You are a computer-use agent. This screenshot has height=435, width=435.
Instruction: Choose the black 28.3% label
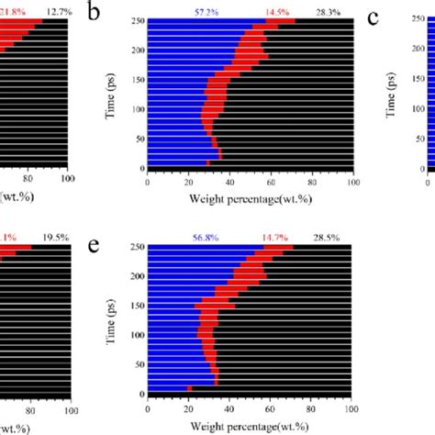tap(327, 11)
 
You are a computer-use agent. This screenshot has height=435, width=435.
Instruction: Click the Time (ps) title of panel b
tap(112, 93)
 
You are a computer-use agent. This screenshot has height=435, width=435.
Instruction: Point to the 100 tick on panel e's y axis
tap(136, 335)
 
